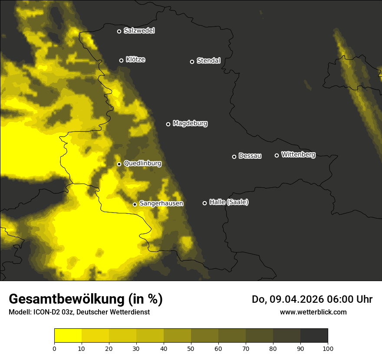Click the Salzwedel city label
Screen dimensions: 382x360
[139, 31]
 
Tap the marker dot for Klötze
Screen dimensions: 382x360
[122, 60]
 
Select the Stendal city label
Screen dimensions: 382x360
[208, 61]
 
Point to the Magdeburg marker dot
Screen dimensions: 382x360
[168, 124]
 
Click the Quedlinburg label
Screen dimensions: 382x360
[142, 164]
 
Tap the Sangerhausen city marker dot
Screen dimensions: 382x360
[135, 204]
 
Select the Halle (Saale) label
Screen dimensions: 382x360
[229, 202]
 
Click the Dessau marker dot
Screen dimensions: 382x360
[234, 157]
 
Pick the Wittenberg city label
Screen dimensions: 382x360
[298, 154]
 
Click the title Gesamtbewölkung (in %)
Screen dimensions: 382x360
[86, 299]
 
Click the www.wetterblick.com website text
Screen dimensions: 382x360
[313, 312]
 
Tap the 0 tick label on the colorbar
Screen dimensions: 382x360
[54, 348]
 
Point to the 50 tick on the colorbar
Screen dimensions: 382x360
[191, 348]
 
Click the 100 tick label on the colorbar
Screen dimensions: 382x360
[328, 348]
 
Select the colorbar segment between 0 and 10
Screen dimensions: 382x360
[68, 336]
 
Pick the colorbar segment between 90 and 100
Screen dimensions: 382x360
[314, 336]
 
